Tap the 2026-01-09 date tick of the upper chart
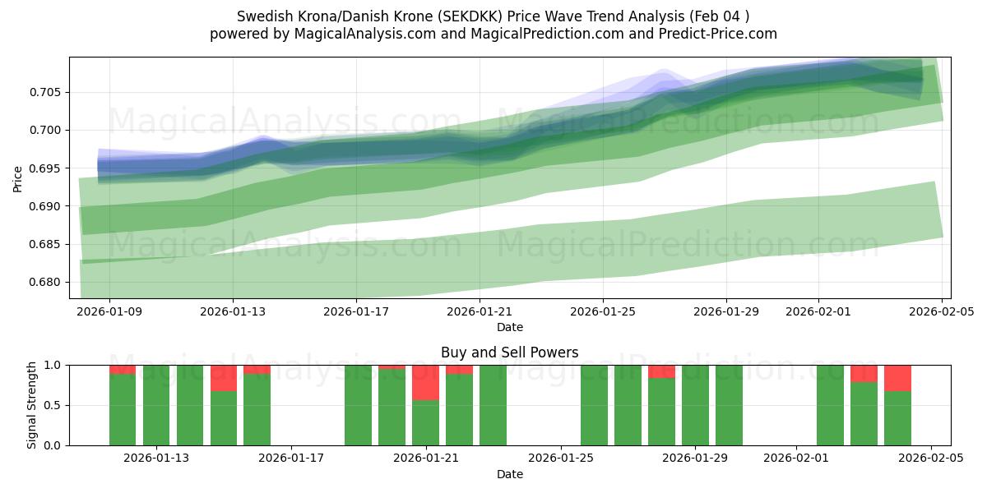coord(109,312)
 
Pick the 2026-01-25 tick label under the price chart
coord(603,312)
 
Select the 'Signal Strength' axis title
coord(32,405)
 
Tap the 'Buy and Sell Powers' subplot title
coord(509,352)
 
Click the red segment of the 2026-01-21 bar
coord(425,382)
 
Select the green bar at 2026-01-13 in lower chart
coord(156,407)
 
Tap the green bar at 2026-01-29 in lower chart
coord(695,407)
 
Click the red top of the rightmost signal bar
coord(897,377)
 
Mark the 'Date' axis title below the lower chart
coord(509,474)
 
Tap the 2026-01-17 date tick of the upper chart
coord(356,312)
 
